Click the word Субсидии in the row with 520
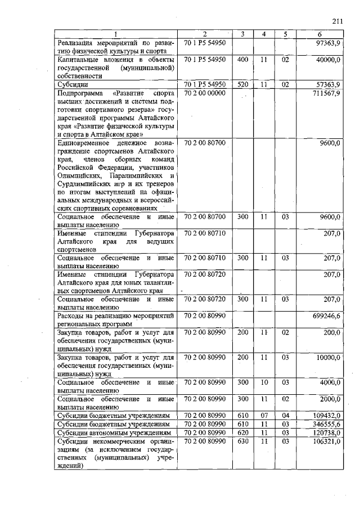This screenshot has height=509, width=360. (x=71, y=84)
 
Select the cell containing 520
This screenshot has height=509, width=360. (x=242, y=84)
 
